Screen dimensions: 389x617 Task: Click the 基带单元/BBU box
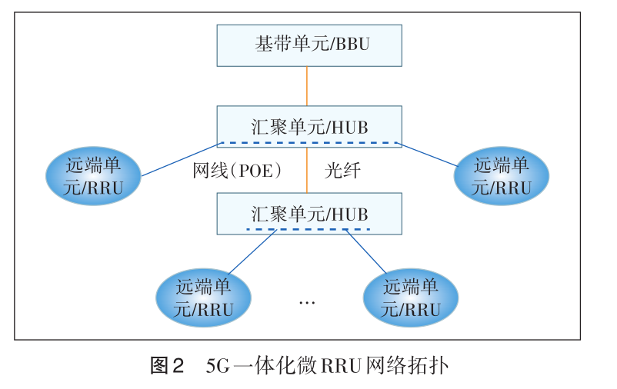pos(308,45)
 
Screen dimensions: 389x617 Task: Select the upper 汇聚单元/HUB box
pos(308,125)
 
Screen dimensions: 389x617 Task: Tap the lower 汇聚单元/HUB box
pos(308,212)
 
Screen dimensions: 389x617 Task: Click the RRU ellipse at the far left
pos(94,176)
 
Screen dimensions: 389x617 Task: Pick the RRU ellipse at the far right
pos(502,176)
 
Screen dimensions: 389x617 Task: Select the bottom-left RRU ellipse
pos(203,298)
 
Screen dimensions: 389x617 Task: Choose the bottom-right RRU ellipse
pos(410,298)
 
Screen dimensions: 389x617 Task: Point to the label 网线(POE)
pos(237,171)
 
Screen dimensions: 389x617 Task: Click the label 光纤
pos(342,171)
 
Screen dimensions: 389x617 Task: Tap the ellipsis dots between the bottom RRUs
pos(307,302)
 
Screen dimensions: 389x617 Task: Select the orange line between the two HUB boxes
pos(308,169)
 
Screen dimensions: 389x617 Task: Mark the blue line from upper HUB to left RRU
pos(182,159)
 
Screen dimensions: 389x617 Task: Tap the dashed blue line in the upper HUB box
pos(308,143)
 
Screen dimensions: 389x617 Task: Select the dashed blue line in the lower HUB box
pos(308,229)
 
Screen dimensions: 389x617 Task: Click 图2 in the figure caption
pos(167,365)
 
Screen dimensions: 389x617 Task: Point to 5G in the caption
pos(218,365)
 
